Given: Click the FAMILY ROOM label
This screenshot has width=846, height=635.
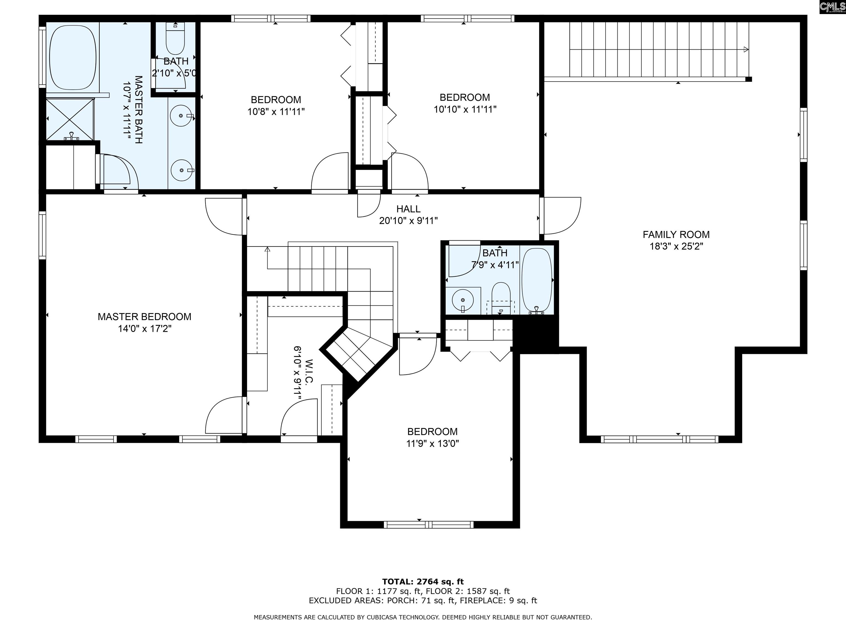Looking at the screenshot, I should (676, 234).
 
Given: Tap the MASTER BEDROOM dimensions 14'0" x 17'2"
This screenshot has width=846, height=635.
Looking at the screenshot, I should (144, 329).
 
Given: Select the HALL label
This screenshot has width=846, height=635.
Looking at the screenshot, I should (408, 209).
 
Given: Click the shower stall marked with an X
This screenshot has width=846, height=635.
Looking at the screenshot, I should (70, 119).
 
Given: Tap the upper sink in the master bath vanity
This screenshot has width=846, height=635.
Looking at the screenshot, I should (181, 115).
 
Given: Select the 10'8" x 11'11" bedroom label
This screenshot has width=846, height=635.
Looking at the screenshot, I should (276, 99).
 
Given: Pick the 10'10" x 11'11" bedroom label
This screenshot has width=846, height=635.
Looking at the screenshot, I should (464, 97).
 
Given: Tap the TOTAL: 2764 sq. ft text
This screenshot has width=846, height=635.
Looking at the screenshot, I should (423, 582).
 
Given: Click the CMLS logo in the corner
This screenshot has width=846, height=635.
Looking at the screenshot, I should (832, 7).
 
